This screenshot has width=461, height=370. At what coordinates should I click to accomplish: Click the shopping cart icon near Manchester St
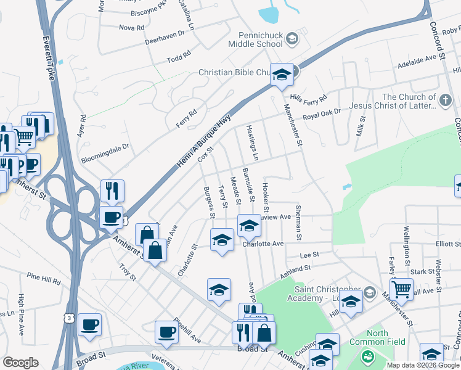(401, 289)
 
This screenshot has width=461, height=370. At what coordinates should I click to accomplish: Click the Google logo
(20, 363)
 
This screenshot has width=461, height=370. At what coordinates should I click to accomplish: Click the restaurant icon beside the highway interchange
(112, 191)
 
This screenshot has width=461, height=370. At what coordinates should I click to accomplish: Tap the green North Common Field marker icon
(367, 356)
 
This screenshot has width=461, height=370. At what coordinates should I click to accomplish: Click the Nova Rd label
(131, 28)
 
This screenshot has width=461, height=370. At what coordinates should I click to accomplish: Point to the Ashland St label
(292, 269)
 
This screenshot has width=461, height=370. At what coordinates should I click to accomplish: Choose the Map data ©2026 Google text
(422, 364)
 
